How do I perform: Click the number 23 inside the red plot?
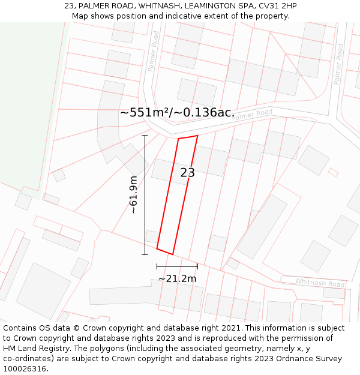[x=187, y=173]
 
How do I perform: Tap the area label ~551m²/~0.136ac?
[x=177, y=113]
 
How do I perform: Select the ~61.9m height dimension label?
[x=134, y=195]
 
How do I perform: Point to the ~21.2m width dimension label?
[x=177, y=278]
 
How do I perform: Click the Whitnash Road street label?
[x=320, y=283]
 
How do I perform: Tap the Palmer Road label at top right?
[x=338, y=64]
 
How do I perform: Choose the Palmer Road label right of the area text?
[x=252, y=115]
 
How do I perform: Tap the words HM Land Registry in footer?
[x=32, y=349]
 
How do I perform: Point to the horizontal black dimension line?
[x=177, y=266]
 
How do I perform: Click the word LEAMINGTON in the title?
[x=202, y=6]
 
